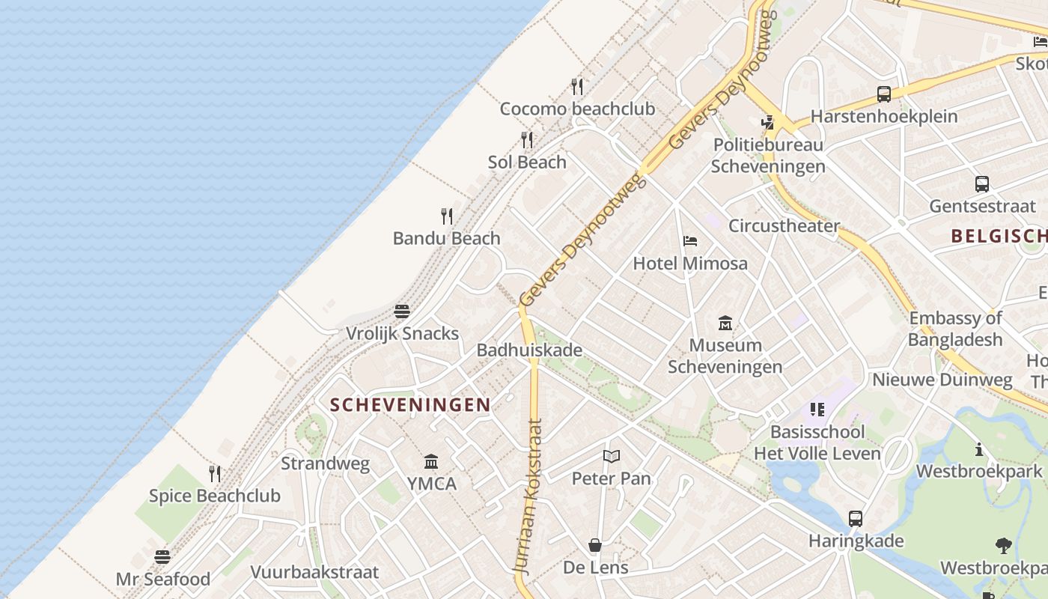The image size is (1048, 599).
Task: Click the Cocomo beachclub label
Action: [x=577, y=109]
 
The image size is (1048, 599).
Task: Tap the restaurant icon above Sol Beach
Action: [x=527, y=140]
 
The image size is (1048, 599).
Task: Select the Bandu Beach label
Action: [x=446, y=238]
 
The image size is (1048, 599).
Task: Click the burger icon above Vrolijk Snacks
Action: [x=402, y=311]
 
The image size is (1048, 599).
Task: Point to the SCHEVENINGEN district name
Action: [x=410, y=405]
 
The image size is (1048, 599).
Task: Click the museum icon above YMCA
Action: [x=431, y=461]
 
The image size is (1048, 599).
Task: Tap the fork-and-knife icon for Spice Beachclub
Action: [x=215, y=473]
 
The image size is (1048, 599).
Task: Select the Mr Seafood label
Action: [x=162, y=579]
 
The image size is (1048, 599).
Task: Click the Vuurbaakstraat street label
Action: [x=314, y=572]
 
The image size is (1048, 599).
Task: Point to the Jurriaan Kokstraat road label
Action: [x=528, y=496]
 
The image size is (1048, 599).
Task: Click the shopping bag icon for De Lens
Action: [x=595, y=544]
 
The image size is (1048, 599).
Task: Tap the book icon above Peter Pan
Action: [x=612, y=456]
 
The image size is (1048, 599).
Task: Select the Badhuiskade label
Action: [x=529, y=350]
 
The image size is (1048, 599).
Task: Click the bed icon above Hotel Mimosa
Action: [x=690, y=241]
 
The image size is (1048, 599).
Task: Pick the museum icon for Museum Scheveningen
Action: [x=725, y=323]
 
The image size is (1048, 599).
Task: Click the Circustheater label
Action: [x=784, y=225]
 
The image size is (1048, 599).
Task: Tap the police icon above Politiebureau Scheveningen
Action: [x=767, y=122]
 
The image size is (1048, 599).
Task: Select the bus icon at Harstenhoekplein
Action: [x=884, y=94]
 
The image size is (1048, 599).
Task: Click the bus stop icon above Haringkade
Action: [x=856, y=518]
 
